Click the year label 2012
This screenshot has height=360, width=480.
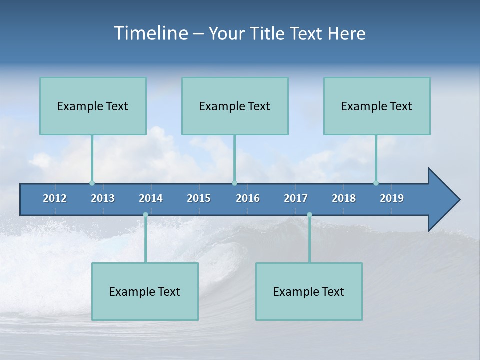55,198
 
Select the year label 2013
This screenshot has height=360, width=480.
103,198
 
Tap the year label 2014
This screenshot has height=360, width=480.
151,198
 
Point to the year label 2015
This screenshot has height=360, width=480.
199,198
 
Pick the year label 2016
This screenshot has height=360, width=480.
248,198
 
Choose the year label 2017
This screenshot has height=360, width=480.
296,198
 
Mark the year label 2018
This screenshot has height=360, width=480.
344,198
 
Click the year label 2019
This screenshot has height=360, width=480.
392,198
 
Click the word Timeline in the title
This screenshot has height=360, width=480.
150,33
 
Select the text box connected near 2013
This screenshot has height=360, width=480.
93,106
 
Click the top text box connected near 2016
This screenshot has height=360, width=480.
235,106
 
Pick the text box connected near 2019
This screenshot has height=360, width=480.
377,106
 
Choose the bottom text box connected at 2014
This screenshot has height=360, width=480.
145,291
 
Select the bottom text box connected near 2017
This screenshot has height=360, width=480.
309,291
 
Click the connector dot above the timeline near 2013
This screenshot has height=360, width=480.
92,183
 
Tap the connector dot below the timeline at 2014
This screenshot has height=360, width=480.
145,215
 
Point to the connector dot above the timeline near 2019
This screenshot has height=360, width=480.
376,183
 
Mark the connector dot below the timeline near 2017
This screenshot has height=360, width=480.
309,215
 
